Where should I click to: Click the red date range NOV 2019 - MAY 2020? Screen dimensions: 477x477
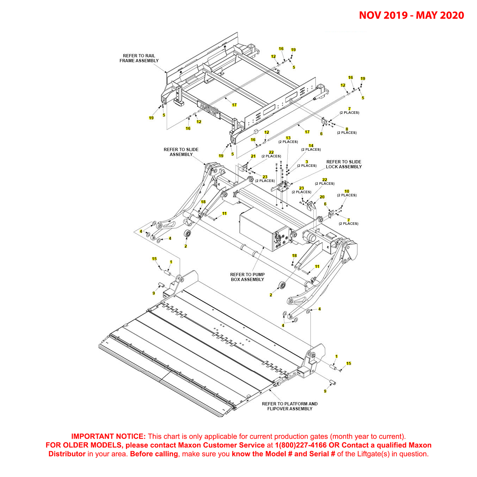(x=411, y=15)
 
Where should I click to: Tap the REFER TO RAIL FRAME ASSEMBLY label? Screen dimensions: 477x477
(x=139, y=58)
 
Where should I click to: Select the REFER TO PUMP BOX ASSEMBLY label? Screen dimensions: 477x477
(x=247, y=277)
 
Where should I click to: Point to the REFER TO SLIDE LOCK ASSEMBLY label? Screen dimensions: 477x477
(x=344, y=164)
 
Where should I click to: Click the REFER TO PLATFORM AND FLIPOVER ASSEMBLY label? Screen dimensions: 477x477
(x=290, y=406)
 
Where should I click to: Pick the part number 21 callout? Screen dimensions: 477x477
(x=253, y=156)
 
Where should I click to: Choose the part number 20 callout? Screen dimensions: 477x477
(x=322, y=197)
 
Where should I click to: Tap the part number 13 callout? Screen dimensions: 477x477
(x=288, y=138)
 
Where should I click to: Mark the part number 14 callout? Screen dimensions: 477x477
(x=311, y=146)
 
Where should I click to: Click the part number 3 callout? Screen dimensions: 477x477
(x=307, y=162)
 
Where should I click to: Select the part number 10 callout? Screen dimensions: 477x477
(x=347, y=191)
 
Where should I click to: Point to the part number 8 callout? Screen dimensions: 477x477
(x=347, y=129)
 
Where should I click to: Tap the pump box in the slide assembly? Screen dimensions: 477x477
(x=260, y=230)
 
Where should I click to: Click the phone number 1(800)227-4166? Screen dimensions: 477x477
(x=301, y=445)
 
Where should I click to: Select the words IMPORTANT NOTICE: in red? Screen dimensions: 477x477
(x=108, y=437)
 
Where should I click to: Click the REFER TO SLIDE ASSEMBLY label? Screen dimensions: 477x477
(x=181, y=152)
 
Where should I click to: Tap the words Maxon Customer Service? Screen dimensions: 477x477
(x=221, y=445)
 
